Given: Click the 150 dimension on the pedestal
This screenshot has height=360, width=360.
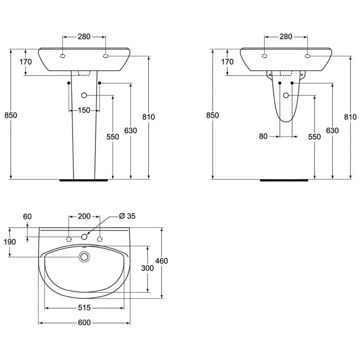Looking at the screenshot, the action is pos(84,110).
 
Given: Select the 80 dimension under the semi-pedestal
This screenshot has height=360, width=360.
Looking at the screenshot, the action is pos(263,136).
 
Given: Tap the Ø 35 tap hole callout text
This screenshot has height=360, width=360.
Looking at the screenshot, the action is pos(127,216).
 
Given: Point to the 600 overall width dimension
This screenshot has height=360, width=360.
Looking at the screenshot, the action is pos(84,323).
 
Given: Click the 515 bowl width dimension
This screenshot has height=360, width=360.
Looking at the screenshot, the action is pos(84,307).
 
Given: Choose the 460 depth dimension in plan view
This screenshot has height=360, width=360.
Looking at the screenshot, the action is pos(162,261).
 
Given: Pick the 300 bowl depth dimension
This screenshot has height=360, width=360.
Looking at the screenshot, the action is pos(148,268).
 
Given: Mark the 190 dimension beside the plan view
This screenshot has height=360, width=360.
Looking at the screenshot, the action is pos(9,242).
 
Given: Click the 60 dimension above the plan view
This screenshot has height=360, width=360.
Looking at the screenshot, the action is pos(27,216).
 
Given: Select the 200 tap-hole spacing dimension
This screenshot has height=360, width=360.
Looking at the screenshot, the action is pos(84,216).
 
